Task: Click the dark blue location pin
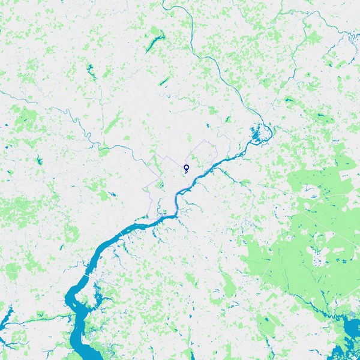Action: (186, 167)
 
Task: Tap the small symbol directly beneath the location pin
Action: (186, 172)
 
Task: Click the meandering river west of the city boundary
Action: (84, 129)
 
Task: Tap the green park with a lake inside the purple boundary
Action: (161, 186)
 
